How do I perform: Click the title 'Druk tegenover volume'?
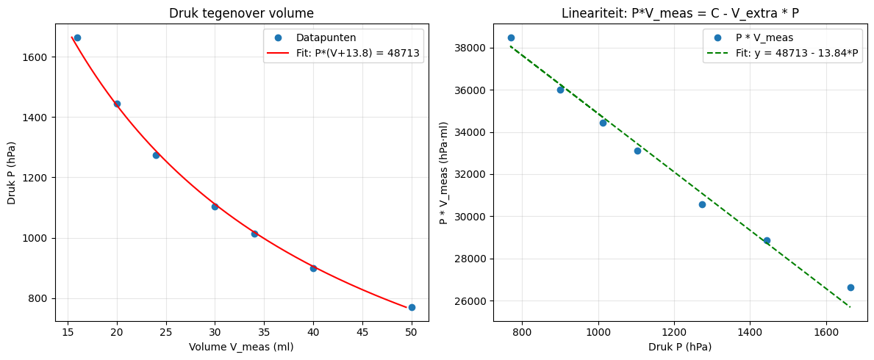tap(241, 13)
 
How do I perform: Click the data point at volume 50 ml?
tap(412, 307)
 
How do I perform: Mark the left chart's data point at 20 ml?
tap(117, 104)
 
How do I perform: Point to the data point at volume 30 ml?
tap(215, 206)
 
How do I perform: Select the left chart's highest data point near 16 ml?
tap(77, 37)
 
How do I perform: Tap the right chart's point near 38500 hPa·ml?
tap(511, 37)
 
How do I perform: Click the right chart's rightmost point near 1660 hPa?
tap(850, 287)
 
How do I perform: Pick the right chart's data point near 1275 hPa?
tap(702, 204)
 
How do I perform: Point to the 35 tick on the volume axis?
tap(264, 332)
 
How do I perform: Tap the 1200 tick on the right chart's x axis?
tap(674, 332)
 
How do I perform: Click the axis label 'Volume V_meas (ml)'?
tap(241, 347)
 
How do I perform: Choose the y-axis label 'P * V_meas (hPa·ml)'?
tap(443, 174)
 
